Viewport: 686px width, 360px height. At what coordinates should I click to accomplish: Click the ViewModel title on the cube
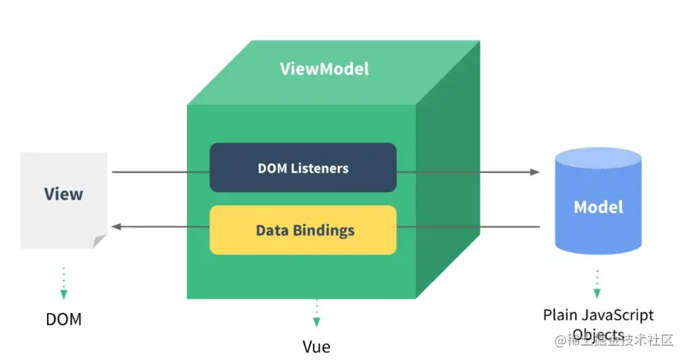[x=324, y=69]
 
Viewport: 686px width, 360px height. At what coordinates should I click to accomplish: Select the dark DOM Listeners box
[x=302, y=168]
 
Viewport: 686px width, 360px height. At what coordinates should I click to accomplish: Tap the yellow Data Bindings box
[x=302, y=230]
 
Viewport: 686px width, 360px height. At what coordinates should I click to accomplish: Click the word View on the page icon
[x=63, y=195]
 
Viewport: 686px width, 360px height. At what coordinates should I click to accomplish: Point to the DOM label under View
[x=63, y=320]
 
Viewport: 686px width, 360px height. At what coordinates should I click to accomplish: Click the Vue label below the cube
[x=317, y=347]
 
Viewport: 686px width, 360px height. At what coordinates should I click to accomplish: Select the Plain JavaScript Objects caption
[x=598, y=323]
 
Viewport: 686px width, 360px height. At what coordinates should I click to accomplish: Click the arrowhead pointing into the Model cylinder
[x=535, y=172]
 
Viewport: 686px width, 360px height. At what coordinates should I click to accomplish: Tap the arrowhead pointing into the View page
[x=115, y=226]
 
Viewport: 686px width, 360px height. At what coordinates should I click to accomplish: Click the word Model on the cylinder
[x=598, y=206]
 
